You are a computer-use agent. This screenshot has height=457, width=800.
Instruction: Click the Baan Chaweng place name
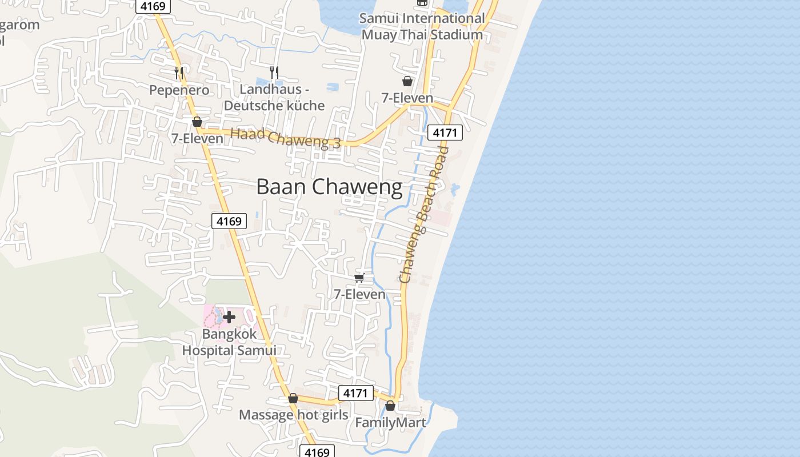tap(329, 187)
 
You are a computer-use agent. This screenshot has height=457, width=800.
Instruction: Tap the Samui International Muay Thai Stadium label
tap(422, 26)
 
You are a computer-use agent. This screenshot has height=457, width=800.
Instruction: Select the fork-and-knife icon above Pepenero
tap(179, 73)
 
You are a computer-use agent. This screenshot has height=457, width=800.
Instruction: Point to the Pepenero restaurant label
tap(179, 90)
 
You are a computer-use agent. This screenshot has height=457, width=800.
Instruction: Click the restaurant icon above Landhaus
tap(274, 72)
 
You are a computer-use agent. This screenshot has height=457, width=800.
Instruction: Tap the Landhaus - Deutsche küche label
tap(274, 97)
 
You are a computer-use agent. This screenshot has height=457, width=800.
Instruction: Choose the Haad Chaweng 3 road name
tap(286, 138)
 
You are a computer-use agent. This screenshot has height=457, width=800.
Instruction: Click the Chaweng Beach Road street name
tap(423, 215)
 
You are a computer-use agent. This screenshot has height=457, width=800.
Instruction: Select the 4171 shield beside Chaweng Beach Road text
tap(445, 133)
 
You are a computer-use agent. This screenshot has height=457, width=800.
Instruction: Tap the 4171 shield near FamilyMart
tap(355, 393)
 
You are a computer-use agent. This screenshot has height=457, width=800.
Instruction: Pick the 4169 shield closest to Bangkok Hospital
tap(229, 221)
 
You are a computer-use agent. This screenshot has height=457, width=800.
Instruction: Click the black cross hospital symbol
tap(229, 316)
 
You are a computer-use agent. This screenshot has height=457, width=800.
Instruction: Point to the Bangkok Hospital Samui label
tap(229, 342)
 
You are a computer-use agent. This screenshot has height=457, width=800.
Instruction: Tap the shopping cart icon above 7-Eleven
tap(359, 278)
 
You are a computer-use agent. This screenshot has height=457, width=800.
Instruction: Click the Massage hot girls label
tap(293, 415)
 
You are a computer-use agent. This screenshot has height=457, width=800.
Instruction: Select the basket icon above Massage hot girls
tap(293, 398)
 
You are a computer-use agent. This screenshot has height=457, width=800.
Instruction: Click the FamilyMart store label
tap(391, 423)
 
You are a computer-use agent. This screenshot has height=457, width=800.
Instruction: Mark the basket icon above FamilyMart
tap(390, 406)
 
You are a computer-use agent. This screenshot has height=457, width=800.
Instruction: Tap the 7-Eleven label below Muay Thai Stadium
tap(407, 98)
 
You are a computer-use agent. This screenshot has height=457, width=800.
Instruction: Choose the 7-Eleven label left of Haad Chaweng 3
tap(197, 138)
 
